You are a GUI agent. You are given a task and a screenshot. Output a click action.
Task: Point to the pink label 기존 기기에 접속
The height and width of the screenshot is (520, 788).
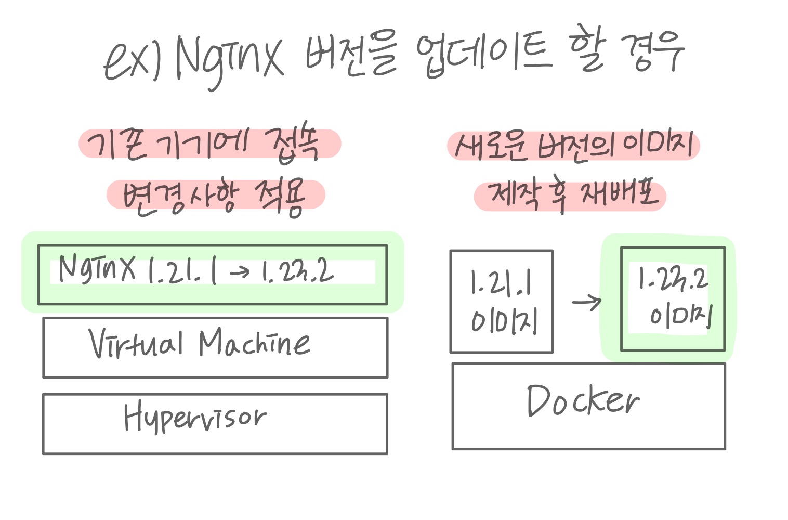pyautogui.click(x=209, y=144)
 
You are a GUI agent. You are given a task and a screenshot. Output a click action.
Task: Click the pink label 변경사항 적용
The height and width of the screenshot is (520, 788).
pyautogui.click(x=215, y=194)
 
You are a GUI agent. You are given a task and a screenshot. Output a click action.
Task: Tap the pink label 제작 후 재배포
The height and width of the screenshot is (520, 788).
pyautogui.click(x=570, y=196)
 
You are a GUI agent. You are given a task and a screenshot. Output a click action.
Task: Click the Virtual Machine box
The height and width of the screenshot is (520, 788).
pyautogui.click(x=215, y=347)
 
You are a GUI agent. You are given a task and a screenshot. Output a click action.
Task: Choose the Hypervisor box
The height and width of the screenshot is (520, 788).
pyautogui.click(x=215, y=424)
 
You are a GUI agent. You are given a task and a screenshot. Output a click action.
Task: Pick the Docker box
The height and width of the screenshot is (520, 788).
pyautogui.click(x=588, y=406)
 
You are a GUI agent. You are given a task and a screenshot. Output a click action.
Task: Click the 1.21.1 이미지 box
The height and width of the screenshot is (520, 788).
pyautogui.click(x=501, y=302)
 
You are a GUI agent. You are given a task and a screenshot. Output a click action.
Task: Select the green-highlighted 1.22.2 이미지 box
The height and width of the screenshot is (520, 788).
pyautogui.click(x=673, y=300)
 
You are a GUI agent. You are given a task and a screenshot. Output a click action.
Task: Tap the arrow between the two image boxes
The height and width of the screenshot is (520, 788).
pyautogui.click(x=586, y=302)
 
